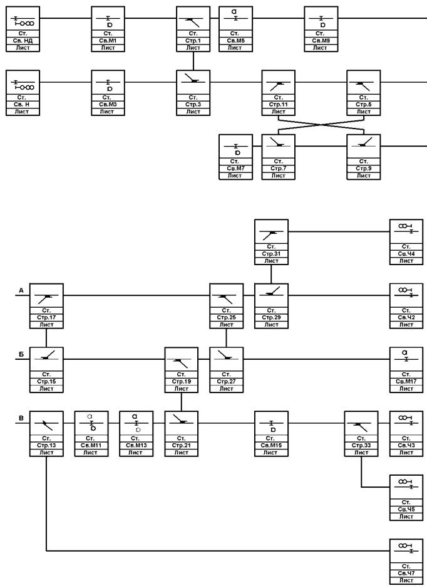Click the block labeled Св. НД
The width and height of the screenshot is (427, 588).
click(23, 29)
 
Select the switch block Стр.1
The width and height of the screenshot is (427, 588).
click(193, 29)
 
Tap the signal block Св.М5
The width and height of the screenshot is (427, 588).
click(235, 29)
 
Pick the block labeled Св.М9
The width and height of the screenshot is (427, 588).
click(321, 29)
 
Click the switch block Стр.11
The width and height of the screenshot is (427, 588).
click(278, 93)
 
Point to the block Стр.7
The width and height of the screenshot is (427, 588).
click(278, 157)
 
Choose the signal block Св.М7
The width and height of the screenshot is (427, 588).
click(235, 157)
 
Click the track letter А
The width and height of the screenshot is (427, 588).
click(21, 290)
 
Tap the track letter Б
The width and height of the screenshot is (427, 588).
click(21, 355)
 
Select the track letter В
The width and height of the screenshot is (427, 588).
click(21, 418)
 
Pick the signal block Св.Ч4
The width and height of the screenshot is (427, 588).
click(406, 242)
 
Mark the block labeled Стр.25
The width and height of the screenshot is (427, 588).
click(226, 306)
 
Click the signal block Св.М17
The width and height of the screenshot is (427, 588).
click(406, 370)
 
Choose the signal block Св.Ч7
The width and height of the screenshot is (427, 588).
click(406, 562)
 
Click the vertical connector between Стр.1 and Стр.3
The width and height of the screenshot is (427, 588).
click(193, 61)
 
